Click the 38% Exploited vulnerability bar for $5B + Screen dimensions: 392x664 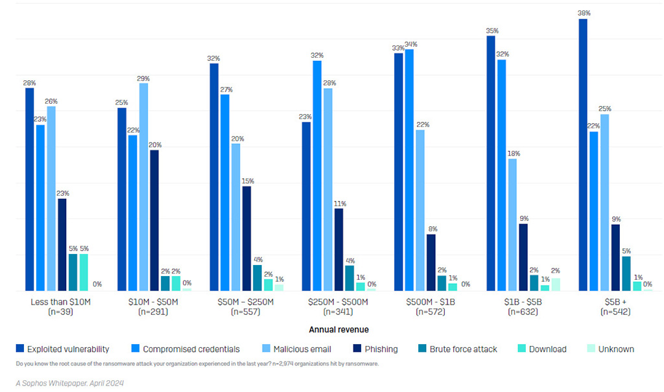(x=583, y=156)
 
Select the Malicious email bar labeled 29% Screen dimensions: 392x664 (x=143, y=187)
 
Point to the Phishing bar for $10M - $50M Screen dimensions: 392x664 (x=154, y=221)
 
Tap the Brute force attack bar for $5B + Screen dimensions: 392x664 (x=626, y=273)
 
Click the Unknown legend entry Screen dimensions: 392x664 (x=610, y=349)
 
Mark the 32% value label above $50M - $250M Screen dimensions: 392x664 (x=214, y=58)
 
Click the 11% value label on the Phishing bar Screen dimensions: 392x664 (x=338, y=203)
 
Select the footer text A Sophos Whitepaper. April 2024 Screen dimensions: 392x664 (x=71, y=383)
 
